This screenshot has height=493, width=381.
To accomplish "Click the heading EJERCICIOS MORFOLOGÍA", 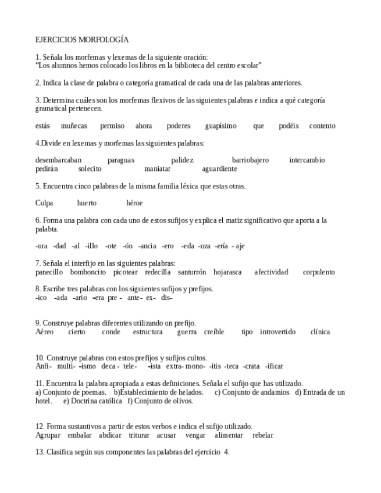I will tap(82, 40).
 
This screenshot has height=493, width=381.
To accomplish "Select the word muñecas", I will tap(74, 126).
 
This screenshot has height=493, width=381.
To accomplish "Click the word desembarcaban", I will tap(58, 160).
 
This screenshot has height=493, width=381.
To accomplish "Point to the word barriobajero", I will tap(250, 160).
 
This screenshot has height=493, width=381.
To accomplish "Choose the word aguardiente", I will tap(219, 169).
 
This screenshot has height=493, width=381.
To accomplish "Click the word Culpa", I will tap(44, 203).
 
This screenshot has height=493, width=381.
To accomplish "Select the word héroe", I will tap(134, 203).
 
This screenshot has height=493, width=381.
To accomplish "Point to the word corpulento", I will tap(319, 271).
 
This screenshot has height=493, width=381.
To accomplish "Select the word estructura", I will tap(148, 332).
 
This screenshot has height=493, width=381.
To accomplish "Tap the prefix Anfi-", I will tap(44, 366).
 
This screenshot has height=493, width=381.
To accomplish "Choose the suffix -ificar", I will tap(273, 366).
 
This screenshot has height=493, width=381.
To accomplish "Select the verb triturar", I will tap(136, 435).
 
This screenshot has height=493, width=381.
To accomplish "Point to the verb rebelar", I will tap(263, 435).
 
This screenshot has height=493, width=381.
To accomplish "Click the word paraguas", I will tap(121, 160).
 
